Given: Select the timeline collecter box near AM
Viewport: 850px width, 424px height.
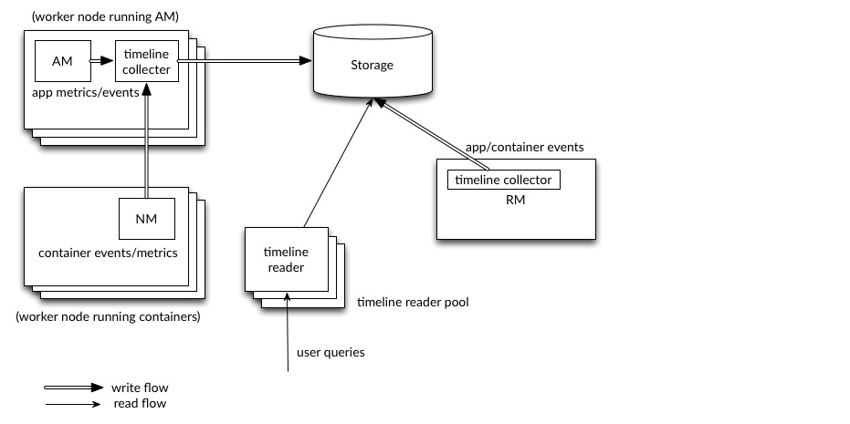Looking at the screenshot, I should (x=146, y=61).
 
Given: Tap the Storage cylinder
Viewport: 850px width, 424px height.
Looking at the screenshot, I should (x=373, y=66).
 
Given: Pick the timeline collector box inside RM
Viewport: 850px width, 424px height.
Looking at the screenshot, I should (x=504, y=180).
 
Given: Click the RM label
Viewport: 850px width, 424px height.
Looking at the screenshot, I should (x=515, y=199).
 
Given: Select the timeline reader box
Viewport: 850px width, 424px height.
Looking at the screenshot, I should (x=286, y=259).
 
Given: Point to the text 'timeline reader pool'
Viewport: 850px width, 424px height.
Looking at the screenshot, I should (x=413, y=302).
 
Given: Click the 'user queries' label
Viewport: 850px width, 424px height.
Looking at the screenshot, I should (x=331, y=352).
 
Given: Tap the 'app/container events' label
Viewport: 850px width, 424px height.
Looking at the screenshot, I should (x=525, y=147).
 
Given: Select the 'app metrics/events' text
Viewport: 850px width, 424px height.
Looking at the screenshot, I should (x=84, y=92).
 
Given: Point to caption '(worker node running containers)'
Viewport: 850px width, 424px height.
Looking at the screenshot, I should (x=108, y=317).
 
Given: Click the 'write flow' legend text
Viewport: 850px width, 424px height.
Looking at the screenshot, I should (x=140, y=388).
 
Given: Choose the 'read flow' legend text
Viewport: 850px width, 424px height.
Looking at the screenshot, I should (x=140, y=403).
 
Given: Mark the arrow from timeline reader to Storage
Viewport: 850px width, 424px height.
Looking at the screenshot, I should (x=336, y=164).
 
